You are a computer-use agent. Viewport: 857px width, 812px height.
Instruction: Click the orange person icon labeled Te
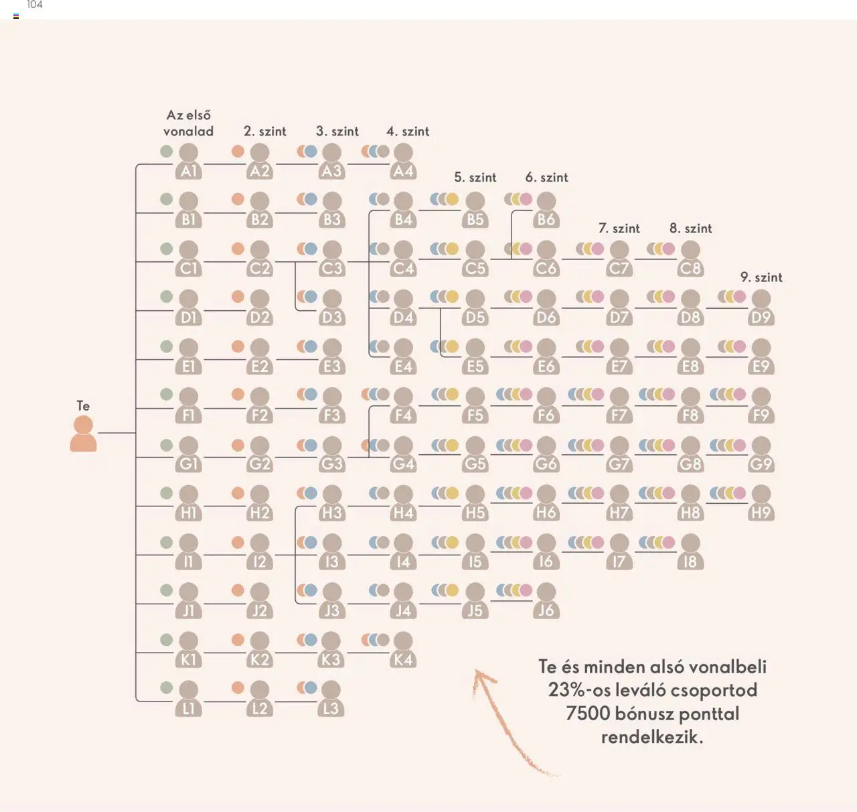click(x=83, y=433)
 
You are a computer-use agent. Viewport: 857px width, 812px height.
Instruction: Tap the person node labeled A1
click(x=189, y=161)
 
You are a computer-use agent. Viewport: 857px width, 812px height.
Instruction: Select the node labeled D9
click(x=761, y=308)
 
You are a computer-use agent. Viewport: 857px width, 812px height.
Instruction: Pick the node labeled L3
click(x=331, y=699)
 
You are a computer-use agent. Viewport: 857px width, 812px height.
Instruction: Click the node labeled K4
click(x=403, y=650)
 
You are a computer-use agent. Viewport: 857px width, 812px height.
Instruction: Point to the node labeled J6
click(x=546, y=601)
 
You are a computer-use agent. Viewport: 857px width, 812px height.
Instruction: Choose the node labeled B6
click(x=546, y=210)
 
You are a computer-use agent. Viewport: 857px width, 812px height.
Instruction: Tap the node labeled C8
click(x=690, y=259)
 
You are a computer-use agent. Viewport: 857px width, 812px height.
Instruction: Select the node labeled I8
click(x=690, y=552)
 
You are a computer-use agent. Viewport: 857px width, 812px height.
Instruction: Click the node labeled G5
click(x=475, y=454)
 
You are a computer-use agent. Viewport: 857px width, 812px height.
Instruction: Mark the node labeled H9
click(x=761, y=503)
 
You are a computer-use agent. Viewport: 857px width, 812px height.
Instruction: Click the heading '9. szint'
click(x=761, y=277)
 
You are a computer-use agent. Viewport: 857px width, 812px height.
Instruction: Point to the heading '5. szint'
click(x=475, y=178)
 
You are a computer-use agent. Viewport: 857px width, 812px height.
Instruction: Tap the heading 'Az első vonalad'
click(x=189, y=123)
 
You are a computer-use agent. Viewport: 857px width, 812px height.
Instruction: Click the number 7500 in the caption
click(x=587, y=714)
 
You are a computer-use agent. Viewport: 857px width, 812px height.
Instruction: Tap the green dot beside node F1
click(x=167, y=395)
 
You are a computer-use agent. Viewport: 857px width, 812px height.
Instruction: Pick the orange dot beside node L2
click(x=238, y=687)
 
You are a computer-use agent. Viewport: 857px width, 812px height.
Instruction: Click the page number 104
click(x=35, y=5)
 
